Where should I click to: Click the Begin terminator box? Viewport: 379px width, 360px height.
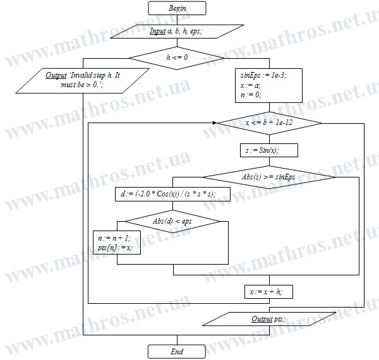click(177, 8)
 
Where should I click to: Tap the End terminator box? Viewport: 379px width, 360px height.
click(177, 352)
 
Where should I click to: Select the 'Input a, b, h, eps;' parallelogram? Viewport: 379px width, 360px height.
click(177, 32)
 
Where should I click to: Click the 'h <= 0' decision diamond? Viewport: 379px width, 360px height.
click(177, 58)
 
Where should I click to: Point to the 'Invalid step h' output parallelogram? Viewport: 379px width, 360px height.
click(83, 81)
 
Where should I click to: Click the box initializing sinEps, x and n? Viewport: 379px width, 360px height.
click(269, 85)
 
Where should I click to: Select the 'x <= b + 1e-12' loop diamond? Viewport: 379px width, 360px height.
click(269, 123)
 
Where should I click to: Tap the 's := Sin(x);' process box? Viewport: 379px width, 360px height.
click(269, 150)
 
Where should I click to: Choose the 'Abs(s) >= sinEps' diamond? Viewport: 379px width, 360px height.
click(269, 177)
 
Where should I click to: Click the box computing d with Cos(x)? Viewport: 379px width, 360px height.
click(173, 194)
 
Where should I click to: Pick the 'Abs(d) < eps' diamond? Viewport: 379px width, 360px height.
click(172, 221)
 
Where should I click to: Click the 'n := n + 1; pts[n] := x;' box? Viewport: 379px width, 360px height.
click(117, 243)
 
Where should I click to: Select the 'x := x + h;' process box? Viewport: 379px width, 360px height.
click(269, 292)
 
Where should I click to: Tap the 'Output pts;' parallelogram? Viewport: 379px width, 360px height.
click(269, 319)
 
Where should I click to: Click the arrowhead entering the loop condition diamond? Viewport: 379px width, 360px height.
click(215, 123)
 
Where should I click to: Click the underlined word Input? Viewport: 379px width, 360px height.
click(158, 31)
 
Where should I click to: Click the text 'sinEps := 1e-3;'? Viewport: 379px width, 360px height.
click(263, 75)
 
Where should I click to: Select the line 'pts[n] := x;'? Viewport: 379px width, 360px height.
click(115, 248)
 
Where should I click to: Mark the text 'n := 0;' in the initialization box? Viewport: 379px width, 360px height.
click(251, 95)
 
